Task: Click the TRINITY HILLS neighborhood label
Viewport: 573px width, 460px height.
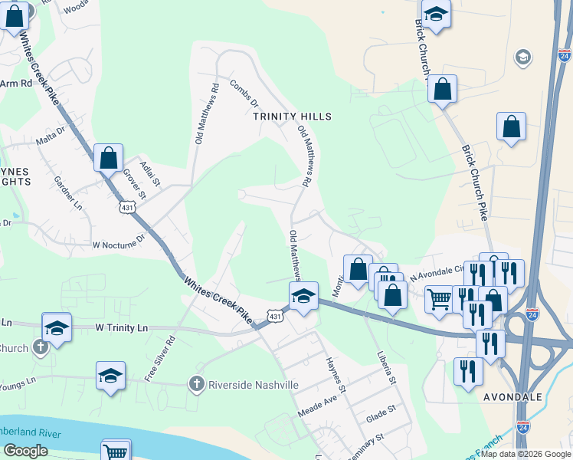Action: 293,116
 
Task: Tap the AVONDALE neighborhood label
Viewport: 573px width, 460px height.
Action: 513,398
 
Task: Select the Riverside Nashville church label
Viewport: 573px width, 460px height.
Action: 253,385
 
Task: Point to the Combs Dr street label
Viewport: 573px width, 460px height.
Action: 244,93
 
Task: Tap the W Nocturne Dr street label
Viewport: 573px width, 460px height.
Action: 118,244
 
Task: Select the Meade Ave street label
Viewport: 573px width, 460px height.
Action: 318,402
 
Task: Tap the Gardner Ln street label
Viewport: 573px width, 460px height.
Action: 68,194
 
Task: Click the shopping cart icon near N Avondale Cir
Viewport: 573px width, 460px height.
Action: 439,298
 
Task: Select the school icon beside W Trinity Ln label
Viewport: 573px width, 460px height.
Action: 56,327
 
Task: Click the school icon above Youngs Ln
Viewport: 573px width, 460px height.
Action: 110,376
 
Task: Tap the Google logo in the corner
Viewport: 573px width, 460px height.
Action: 25,451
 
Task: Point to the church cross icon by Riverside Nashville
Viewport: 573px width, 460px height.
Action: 197,383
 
